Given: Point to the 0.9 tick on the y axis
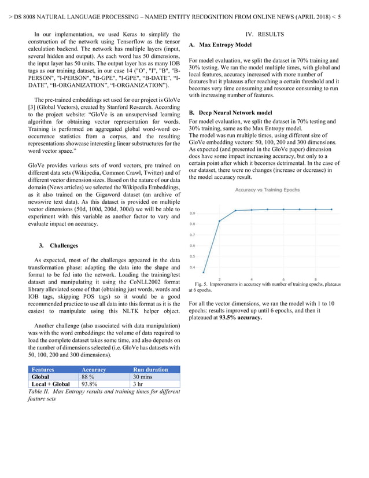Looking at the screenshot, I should click(192, 213).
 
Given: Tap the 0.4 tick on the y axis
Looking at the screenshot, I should click(192, 267).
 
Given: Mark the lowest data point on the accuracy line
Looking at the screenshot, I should click(204, 272).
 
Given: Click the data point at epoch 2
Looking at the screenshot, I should click(219, 220).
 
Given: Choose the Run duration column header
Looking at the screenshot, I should click(150, 369).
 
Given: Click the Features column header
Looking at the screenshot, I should click(43, 369).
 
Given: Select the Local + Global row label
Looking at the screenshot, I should click(51, 384).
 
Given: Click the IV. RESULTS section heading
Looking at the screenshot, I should click(265, 35).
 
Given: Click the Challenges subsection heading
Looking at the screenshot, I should click(64, 245).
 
